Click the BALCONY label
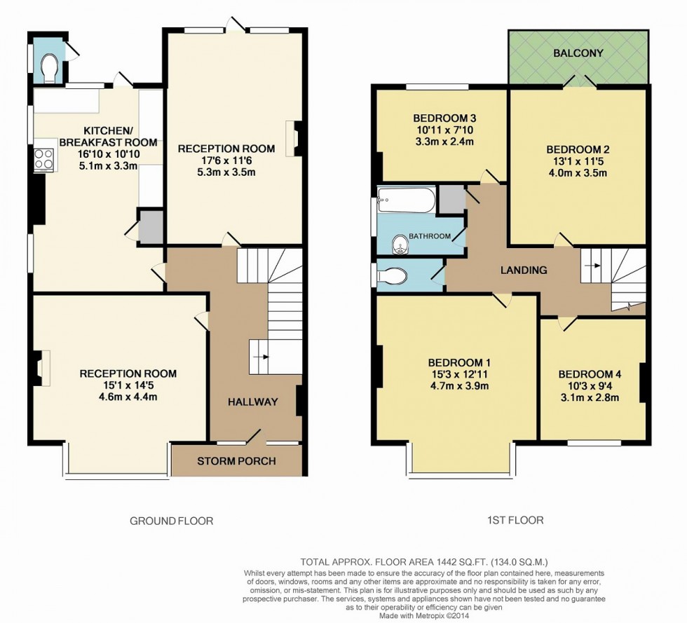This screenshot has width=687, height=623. pos(578,53)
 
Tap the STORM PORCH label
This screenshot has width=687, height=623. pos(236,461)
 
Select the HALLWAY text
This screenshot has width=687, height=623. pos(252,402)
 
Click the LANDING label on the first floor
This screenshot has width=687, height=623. pos(523,270)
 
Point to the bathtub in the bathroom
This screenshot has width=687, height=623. pos(405,200)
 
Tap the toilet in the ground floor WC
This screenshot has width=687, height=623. pos(49,66)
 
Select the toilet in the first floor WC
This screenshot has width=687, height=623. pos(393,277)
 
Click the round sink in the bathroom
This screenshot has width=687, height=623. pos(400,243)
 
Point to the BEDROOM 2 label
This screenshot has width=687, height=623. pos(578,149)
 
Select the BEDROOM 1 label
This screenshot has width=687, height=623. pos(458,362)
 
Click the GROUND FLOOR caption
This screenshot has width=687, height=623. pos(171,521)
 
